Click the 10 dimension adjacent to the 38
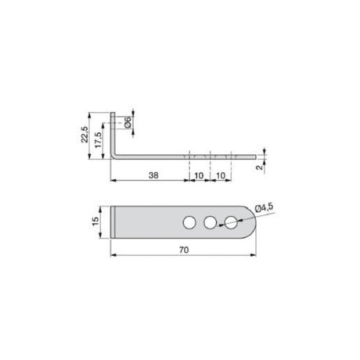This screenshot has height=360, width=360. tap(199, 175)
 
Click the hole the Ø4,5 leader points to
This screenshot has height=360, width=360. tap(229, 223)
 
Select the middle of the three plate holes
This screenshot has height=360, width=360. tap(209, 223)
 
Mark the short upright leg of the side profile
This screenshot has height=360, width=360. tap(114, 133)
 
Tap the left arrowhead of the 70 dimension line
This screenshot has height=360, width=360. tap(113, 255)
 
